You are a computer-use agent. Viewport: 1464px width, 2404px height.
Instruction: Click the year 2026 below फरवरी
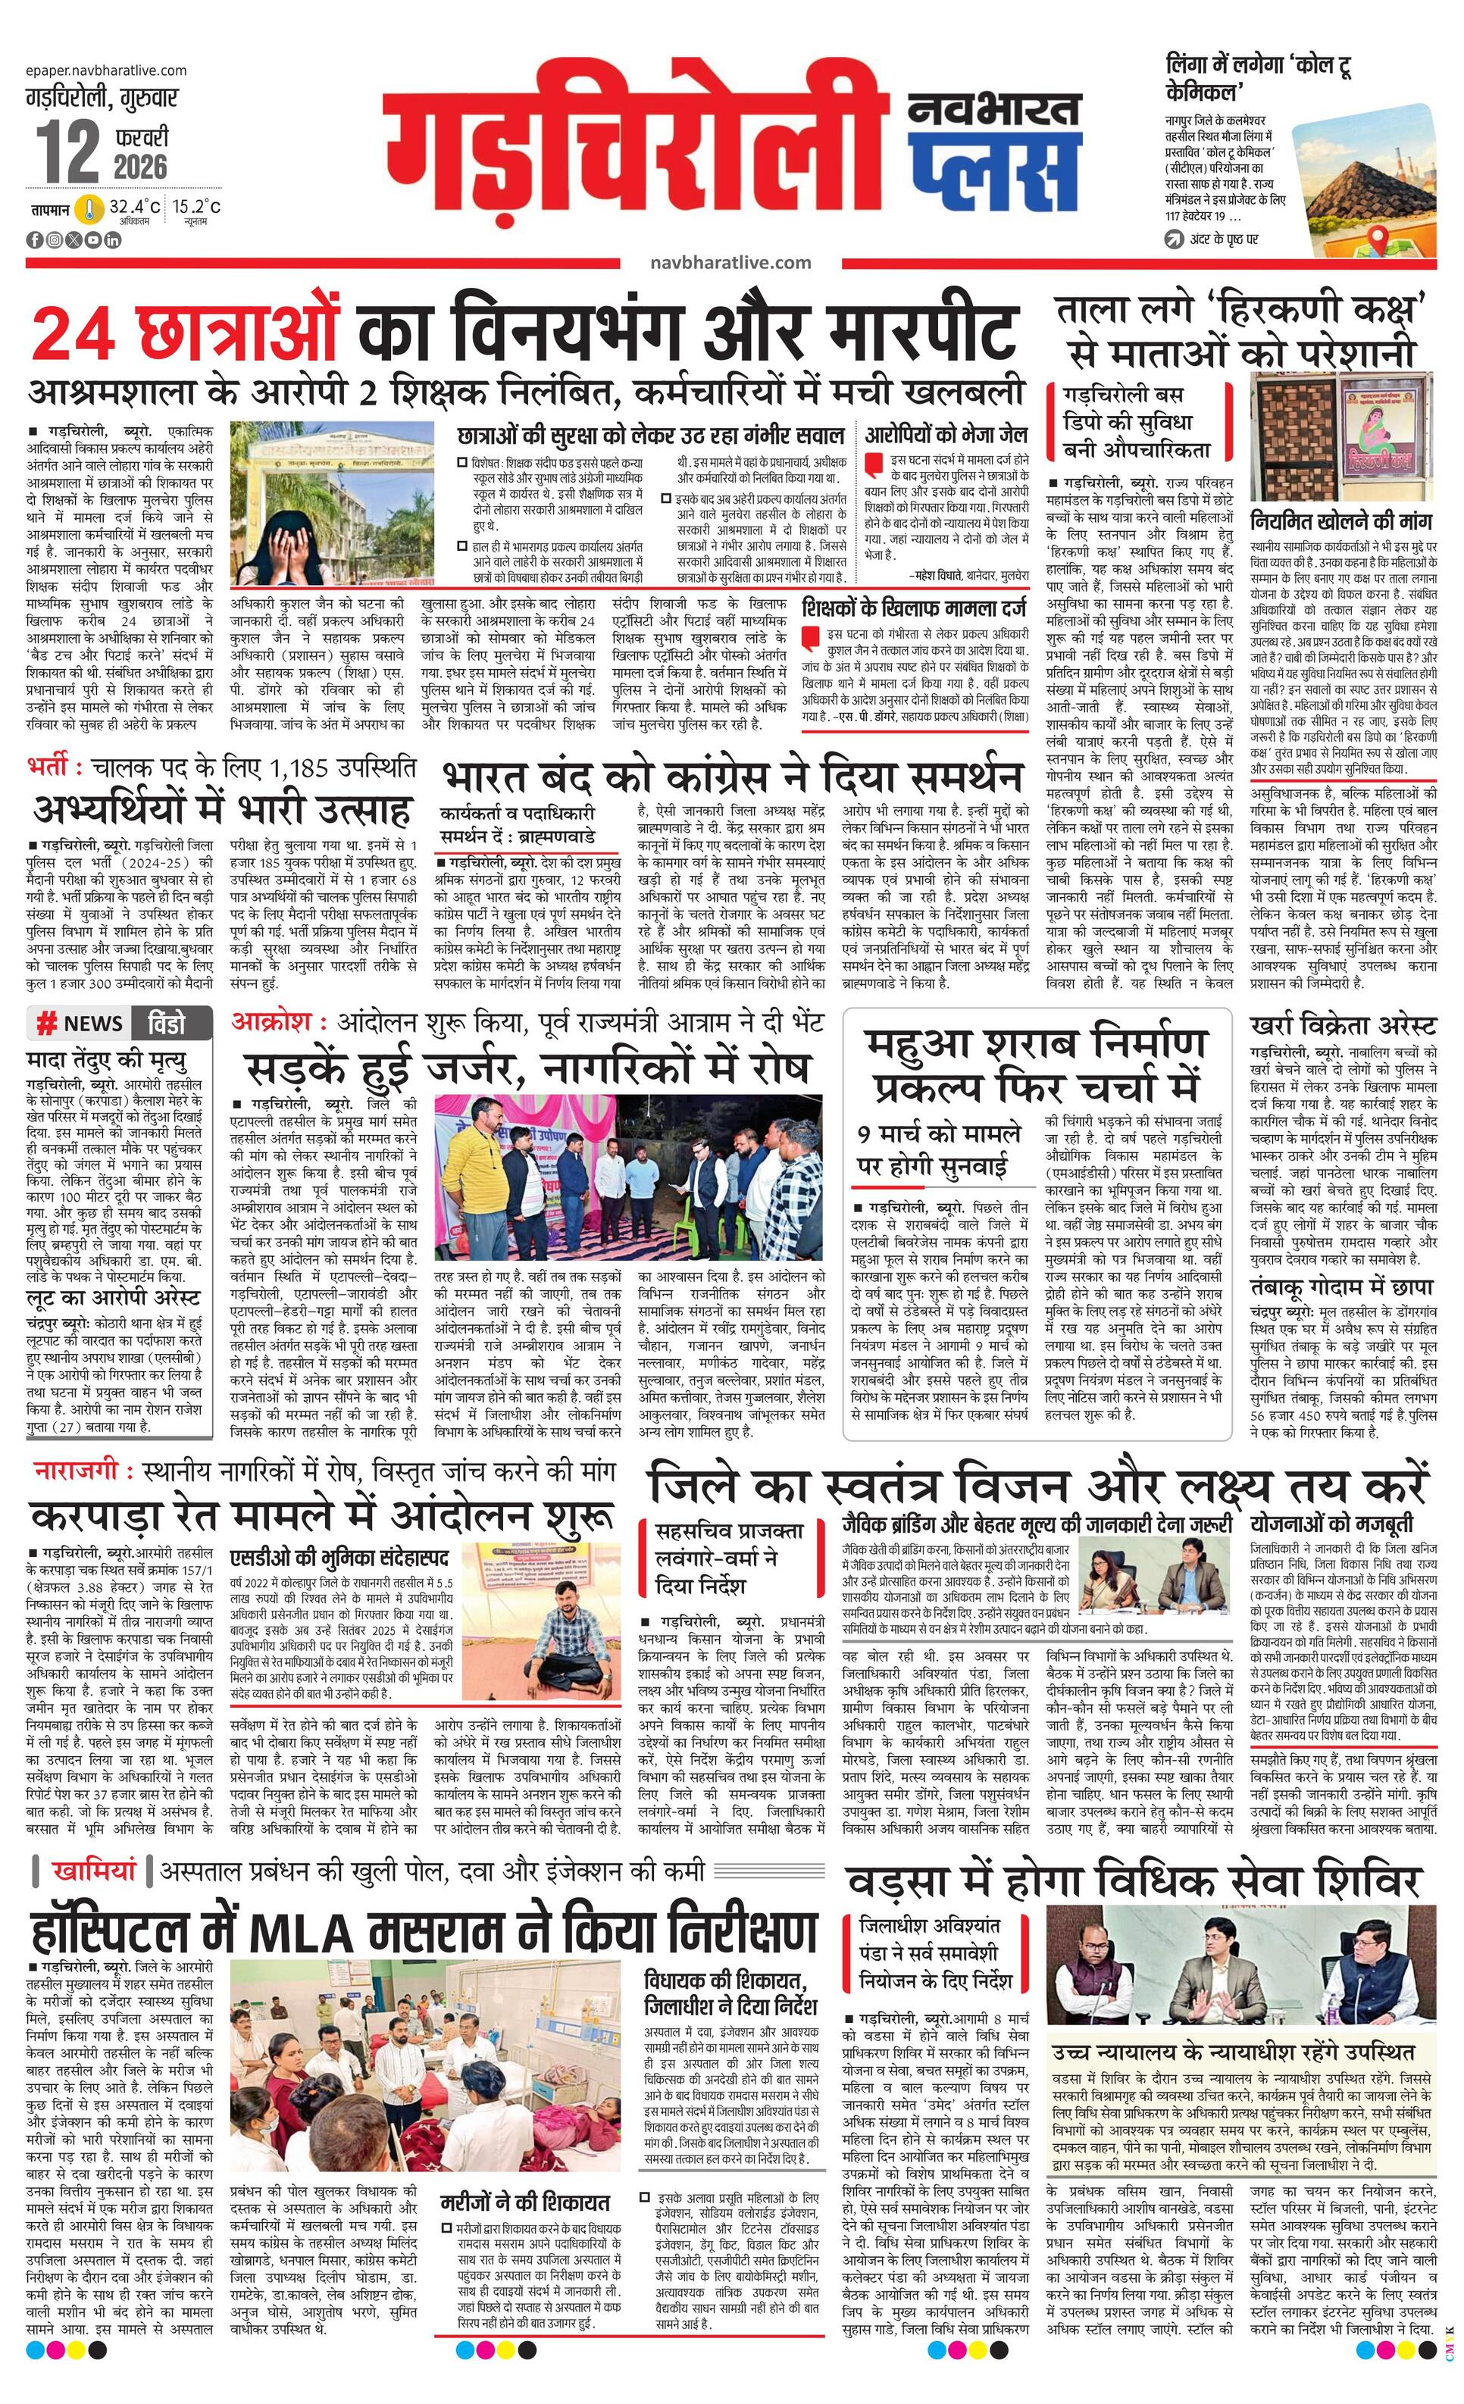[139, 166]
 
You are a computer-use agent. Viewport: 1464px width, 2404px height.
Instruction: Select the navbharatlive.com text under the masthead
[730, 261]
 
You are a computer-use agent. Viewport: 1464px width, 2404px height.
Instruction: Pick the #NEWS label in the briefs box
[81, 1024]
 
